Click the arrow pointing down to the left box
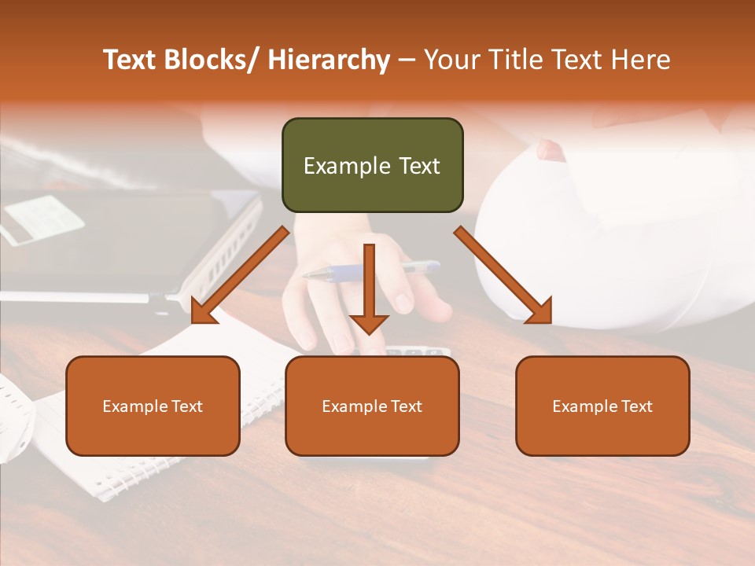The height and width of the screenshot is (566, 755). (x=241, y=275)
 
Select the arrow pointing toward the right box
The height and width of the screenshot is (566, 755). (x=503, y=275)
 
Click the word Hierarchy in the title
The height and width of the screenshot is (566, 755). (x=329, y=60)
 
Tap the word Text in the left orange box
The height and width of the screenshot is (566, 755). (x=186, y=406)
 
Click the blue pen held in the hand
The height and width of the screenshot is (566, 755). (x=370, y=271)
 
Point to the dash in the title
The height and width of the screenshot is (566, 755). (x=407, y=61)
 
